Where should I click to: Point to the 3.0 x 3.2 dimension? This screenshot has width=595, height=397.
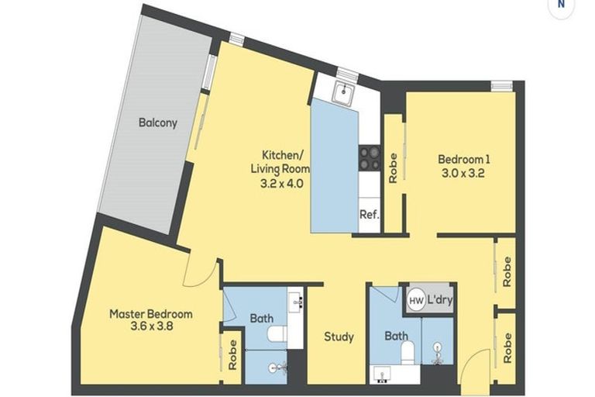[464, 174]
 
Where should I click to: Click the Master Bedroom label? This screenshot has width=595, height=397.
[150, 314]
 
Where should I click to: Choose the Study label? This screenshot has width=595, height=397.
[339, 337]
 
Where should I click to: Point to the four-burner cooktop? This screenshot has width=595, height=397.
[369, 158]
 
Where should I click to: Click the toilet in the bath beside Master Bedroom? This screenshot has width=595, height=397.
[274, 334]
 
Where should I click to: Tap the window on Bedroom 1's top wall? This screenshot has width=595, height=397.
[502, 85]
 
